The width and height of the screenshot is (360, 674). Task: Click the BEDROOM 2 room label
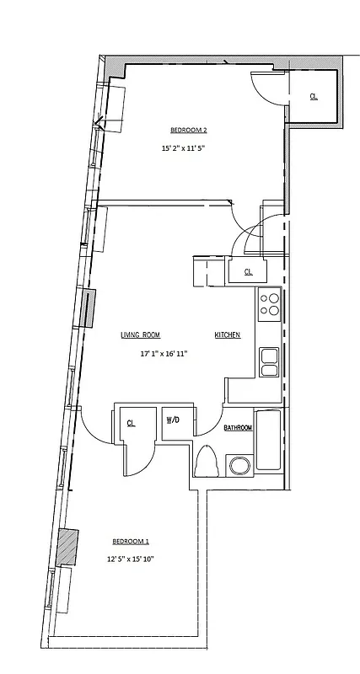point(189,130)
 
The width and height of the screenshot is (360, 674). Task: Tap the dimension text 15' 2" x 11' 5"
point(183,148)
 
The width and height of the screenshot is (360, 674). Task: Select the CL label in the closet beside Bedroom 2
point(314,97)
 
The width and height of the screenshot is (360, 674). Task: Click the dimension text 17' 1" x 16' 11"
point(164,354)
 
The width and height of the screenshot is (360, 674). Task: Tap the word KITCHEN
point(228,334)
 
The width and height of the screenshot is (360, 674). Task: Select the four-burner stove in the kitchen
point(269,302)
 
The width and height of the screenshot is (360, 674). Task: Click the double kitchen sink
point(269,361)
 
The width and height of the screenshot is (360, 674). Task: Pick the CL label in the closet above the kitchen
point(249,271)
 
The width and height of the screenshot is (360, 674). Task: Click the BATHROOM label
point(238,428)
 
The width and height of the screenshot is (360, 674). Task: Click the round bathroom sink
point(238,466)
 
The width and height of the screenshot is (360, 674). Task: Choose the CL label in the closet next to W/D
point(132,423)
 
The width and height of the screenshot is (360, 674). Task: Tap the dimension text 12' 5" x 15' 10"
point(130,559)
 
